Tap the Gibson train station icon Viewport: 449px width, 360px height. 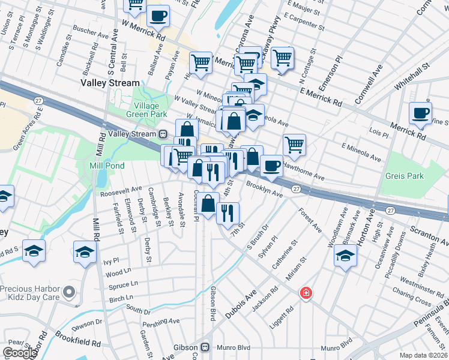(x=205, y=347)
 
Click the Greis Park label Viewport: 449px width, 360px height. (x=406, y=176)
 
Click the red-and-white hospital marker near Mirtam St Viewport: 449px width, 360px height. (x=306, y=293)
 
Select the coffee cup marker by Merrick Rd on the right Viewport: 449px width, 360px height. (x=420, y=112)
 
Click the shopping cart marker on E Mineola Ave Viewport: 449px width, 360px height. (x=294, y=144)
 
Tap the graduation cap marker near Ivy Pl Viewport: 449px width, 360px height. (x=85, y=252)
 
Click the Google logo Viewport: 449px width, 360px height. (x=20, y=353)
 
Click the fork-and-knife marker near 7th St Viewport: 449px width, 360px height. (x=228, y=213)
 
